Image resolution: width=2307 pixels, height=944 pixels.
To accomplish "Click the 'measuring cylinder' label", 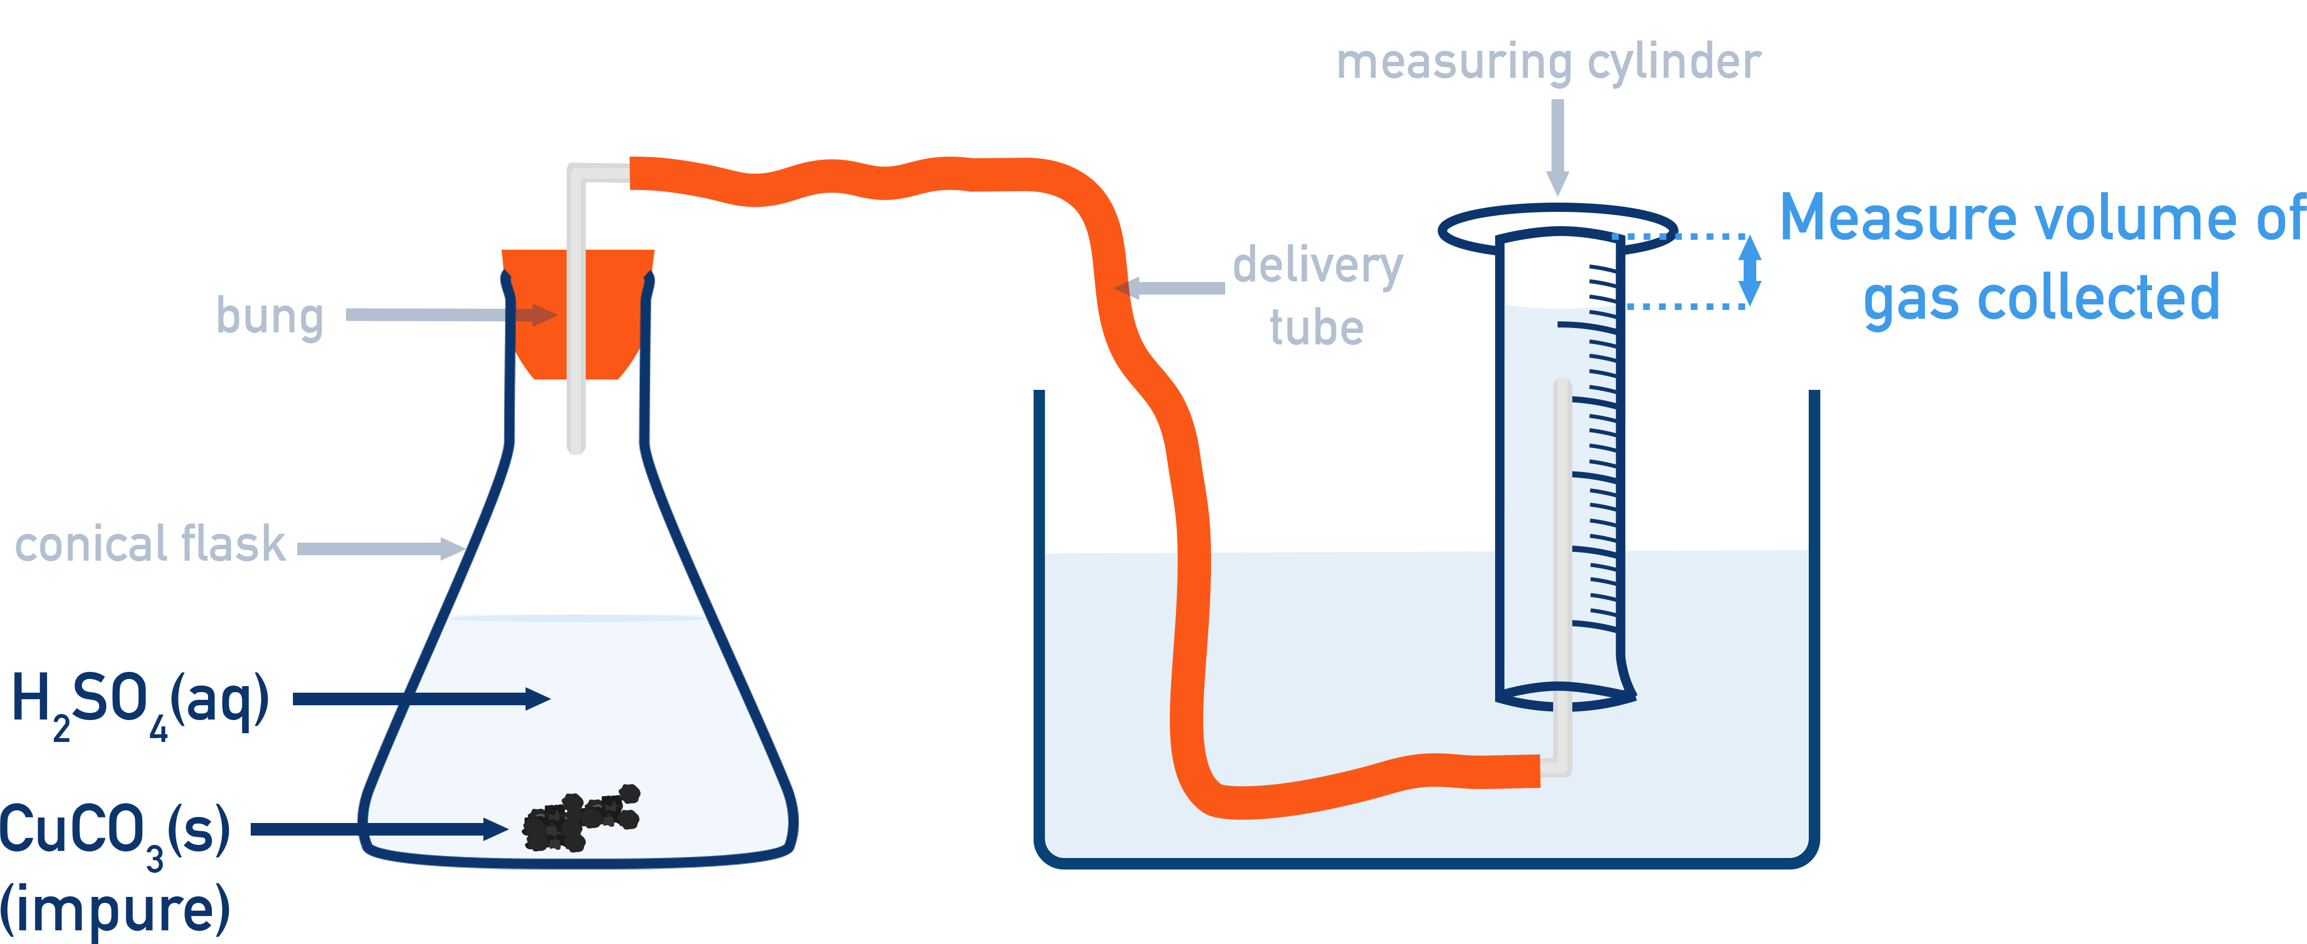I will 1548,62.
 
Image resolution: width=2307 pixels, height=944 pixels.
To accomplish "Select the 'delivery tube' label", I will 1317,296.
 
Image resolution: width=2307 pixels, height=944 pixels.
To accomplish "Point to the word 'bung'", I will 269,315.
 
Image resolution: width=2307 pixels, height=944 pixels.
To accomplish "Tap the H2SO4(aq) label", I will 139,701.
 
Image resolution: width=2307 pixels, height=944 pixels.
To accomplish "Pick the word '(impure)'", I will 114,909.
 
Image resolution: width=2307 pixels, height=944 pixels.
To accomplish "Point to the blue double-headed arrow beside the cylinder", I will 1749,270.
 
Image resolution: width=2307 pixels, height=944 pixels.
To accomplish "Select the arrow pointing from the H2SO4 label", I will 421,699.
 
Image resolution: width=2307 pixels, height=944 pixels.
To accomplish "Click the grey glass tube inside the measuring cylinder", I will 1562,537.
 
